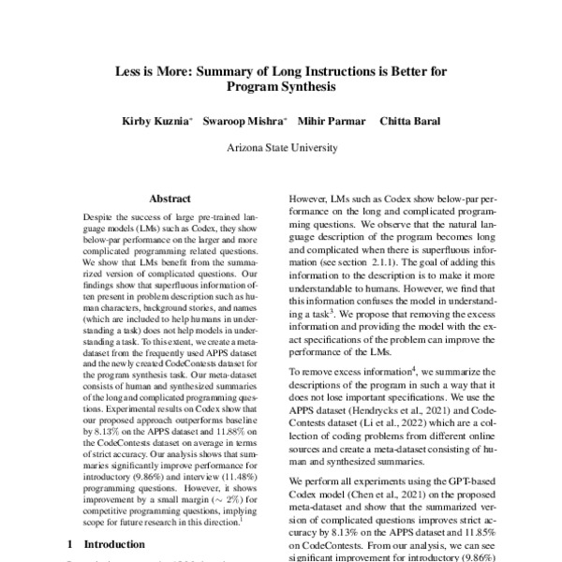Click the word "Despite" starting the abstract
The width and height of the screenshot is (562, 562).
[100, 215]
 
